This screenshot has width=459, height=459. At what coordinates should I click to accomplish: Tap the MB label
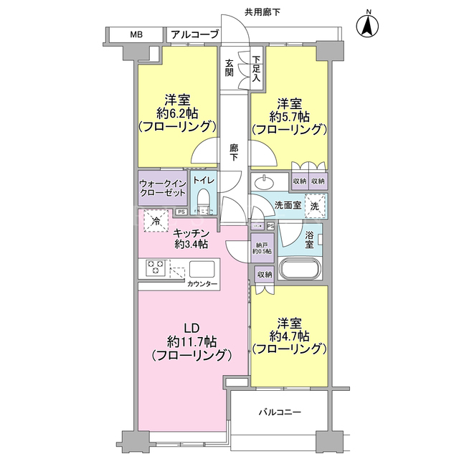pyautogui.click(x=136, y=34)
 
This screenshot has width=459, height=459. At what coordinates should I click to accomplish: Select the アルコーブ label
pyautogui.click(x=194, y=34)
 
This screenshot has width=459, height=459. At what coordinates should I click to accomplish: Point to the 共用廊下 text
pyautogui.click(x=262, y=12)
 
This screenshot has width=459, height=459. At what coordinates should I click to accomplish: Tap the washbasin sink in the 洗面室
pyautogui.click(x=264, y=183)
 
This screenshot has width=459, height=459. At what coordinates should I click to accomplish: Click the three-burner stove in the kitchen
pyautogui.click(x=155, y=268)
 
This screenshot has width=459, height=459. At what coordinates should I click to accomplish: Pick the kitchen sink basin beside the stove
pyautogui.click(x=202, y=269)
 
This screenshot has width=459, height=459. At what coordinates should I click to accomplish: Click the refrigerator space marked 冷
pyautogui.click(x=156, y=222)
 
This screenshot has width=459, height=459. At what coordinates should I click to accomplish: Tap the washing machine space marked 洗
pyautogui.click(x=315, y=206)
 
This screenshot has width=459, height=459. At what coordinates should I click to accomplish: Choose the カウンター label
pyautogui.click(x=202, y=284)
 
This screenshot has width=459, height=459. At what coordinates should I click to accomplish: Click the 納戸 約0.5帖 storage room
pyautogui.click(x=262, y=248)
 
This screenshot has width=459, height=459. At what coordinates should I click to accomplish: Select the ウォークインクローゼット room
pyautogui.click(x=163, y=188)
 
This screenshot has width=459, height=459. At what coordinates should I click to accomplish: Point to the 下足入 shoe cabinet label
pyautogui.click(x=257, y=69)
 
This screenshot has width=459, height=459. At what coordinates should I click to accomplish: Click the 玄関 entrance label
pyautogui.click(x=229, y=68)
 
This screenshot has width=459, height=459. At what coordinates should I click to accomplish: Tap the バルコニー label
pyautogui.click(x=280, y=412)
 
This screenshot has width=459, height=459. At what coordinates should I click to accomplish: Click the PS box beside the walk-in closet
pyautogui.click(x=181, y=212)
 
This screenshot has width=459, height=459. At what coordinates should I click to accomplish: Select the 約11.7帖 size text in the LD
pyautogui.click(x=192, y=341)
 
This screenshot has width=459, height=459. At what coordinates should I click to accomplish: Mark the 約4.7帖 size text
pyautogui.click(x=290, y=336)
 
